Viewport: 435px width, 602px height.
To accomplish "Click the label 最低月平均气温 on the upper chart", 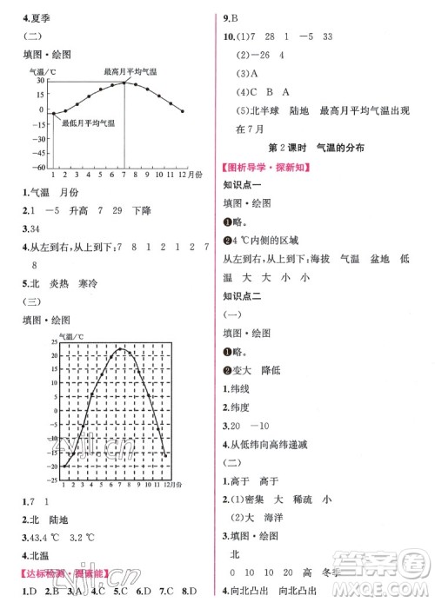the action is [x=89, y=123].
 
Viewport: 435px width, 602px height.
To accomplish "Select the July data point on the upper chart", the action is [x=123, y=83].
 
